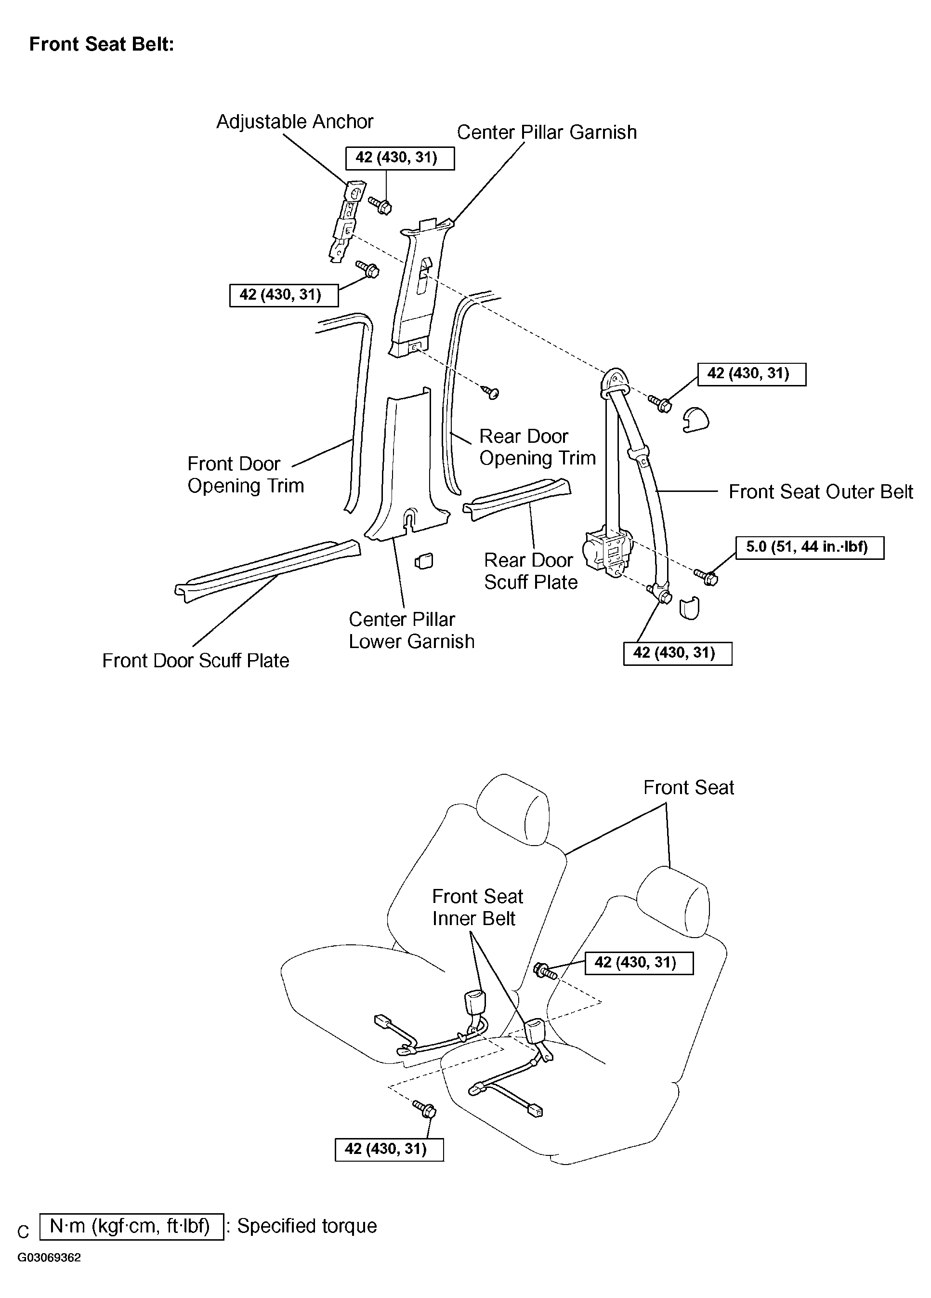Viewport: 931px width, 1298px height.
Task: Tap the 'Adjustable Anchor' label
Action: pyautogui.click(x=294, y=121)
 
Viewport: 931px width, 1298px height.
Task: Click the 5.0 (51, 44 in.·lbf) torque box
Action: pyautogui.click(x=809, y=547)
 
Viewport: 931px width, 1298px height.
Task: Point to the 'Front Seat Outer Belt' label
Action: pyautogui.click(x=820, y=491)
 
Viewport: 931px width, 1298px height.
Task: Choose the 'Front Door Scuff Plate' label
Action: pyautogui.click(x=195, y=661)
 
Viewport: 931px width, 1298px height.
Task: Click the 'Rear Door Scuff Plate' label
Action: pyautogui.click(x=530, y=570)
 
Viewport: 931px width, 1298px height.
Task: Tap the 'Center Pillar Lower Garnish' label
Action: pyautogui.click(x=411, y=630)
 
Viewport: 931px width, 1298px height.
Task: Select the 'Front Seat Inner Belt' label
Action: pyautogui.click(x=477, y=907)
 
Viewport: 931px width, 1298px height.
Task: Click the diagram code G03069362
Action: pyautogui.click(x=49, y=1274)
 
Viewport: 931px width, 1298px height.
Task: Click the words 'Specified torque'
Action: pyautogui.click(x=307, y=1226)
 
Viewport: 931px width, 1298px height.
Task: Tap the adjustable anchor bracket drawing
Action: pyautogui.click(x=345, y=222)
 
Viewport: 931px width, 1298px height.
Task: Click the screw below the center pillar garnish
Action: pyautogui.click(x=490, y=393)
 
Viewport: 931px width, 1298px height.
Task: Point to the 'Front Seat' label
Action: pyautogui.click(x=688, y=787)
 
